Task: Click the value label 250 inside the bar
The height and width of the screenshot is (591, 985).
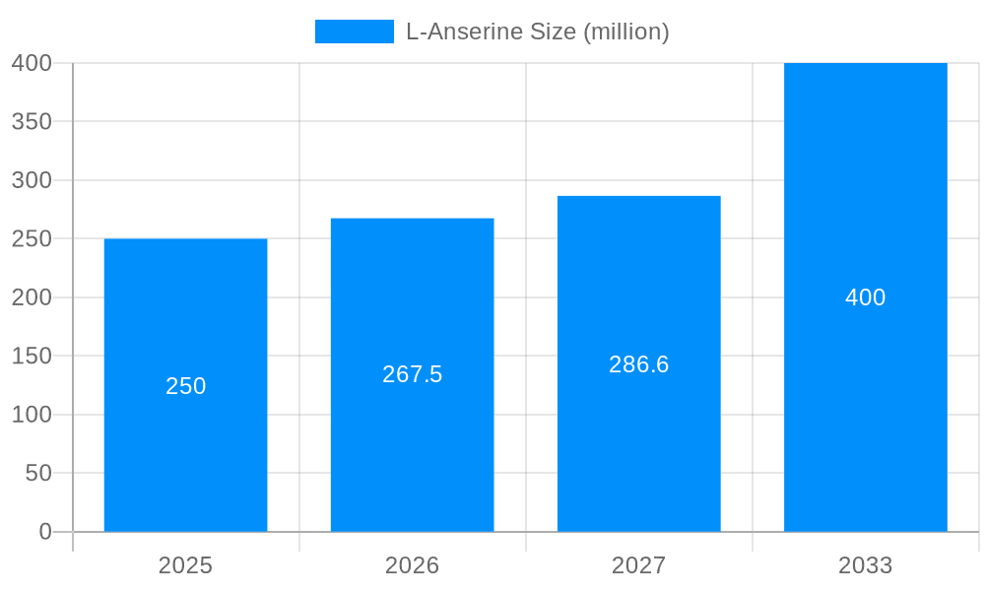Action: [x=185, y=386]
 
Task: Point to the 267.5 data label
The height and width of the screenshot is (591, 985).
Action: [x=412, y=374]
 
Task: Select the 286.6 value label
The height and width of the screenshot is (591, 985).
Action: [x=638, y=364]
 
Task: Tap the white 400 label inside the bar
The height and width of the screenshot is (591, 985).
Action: [x=865, y=297]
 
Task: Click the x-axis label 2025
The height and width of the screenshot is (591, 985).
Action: [x=185, y=565]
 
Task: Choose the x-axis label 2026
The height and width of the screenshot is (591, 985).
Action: [x=412, y=565]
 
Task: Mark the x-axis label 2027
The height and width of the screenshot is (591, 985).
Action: [x=638, y=565]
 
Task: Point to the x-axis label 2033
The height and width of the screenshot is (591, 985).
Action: [x=865, y=565]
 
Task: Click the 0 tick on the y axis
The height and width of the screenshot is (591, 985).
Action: [x=44, y=532]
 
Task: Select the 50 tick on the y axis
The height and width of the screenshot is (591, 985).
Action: [x=38, y=473]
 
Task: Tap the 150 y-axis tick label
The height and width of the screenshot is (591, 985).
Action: [x=32, y=356]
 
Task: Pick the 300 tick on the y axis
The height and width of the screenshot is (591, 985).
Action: [x=32, y=180]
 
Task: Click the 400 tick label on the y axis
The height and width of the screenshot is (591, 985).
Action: [x=32, y=63]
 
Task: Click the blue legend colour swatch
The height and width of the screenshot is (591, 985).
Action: [x=354, y=32]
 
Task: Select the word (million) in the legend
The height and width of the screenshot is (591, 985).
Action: [x=626, y=32]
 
